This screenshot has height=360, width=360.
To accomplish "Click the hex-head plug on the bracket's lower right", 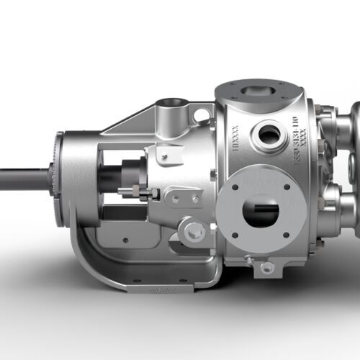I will [x=191, y=231].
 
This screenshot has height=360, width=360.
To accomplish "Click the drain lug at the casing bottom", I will [x=266, y=267].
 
